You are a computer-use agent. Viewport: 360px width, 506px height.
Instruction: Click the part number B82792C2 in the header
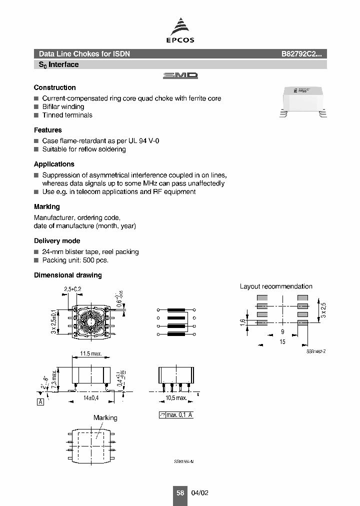(303, 54)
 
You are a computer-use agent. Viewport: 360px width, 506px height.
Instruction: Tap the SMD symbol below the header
(180, 75)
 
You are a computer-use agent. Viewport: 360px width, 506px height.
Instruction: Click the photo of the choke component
(302, 102)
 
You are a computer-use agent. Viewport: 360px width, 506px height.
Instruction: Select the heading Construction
(55, 87)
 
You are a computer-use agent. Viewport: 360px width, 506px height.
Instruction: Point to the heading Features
(48, 130)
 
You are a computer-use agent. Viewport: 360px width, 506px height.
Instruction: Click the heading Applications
(54, 164)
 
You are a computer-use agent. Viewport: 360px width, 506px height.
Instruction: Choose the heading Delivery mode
(57, 241)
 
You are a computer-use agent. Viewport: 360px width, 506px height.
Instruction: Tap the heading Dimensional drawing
(67, 275)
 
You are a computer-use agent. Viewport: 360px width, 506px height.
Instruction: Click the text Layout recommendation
(276, 286)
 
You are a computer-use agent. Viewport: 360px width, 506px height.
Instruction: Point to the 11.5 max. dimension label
(91, 354)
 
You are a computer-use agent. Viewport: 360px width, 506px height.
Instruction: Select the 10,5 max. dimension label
(175, 398)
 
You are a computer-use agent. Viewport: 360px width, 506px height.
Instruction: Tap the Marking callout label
(105, 418)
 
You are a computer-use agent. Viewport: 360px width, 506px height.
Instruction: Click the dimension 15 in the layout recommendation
(282, 341)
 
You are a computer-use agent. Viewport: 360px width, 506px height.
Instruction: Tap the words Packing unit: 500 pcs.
(75, 260)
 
